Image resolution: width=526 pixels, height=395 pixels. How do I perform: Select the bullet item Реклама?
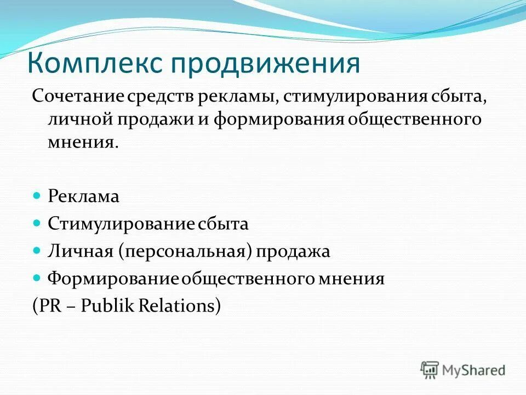[x=83, y=197]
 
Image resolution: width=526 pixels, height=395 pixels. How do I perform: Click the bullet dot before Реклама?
[x=37, y=196]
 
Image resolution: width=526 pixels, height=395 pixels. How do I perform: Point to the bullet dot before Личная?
[x=37, y=250]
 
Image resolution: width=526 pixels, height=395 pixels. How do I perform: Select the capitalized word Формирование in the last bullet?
[x=114, y=279]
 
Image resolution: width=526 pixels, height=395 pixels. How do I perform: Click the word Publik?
[x=105, y=306]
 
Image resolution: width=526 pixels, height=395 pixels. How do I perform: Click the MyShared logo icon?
[x=430, y=370]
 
